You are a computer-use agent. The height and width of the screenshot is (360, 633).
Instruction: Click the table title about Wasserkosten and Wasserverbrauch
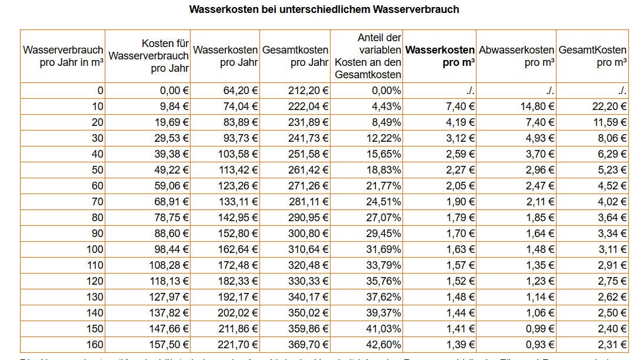tap(324, 9)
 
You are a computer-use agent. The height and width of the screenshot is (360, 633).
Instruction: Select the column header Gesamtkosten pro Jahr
tap(295, 56)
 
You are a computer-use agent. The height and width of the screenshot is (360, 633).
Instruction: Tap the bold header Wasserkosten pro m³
tap(440, 56)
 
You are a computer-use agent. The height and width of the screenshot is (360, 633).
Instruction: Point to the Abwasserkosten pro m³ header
tap(517, 56)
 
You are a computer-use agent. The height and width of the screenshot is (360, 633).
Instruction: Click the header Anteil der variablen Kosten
tap(368, 56)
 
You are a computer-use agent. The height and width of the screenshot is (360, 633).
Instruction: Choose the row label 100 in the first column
tap(95, 249)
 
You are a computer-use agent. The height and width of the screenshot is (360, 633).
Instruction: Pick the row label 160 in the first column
tap(95, 345)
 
